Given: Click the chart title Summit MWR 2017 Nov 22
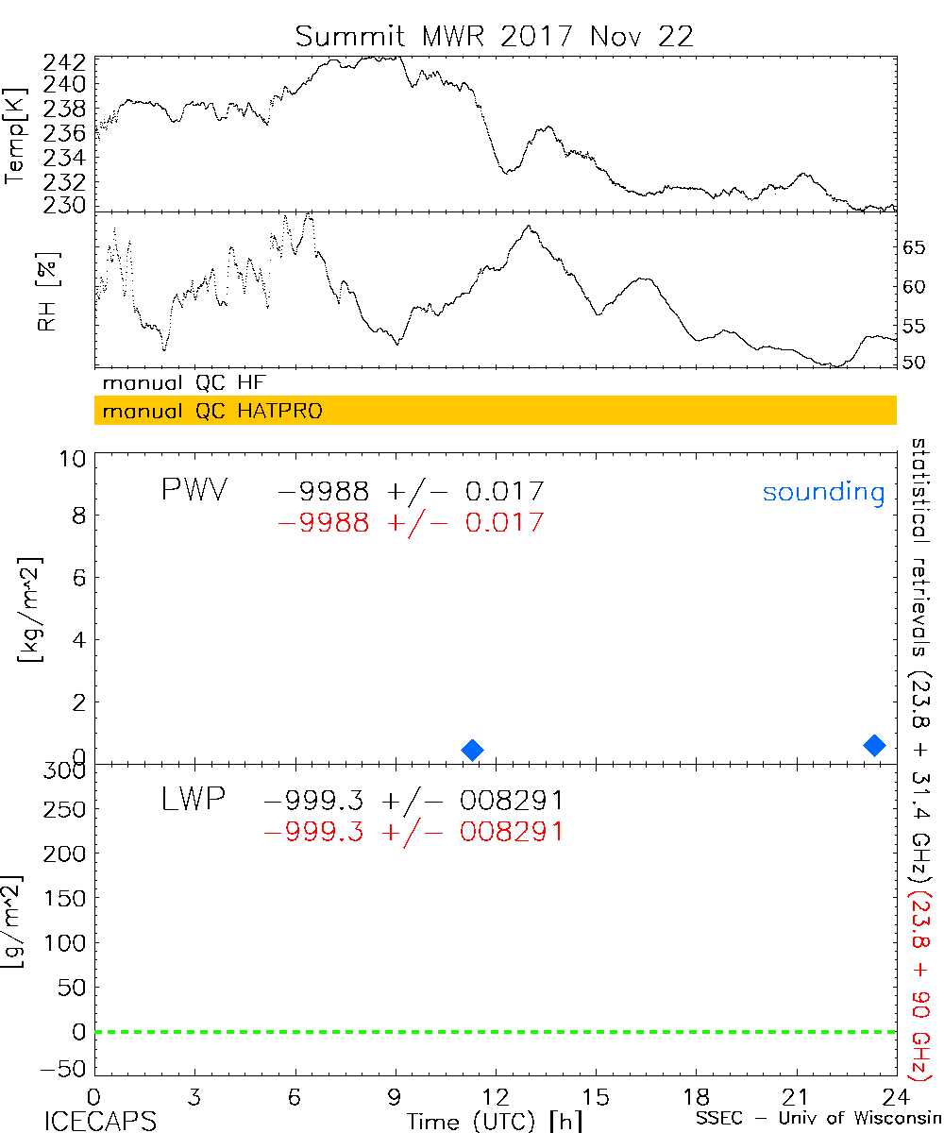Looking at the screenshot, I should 494,36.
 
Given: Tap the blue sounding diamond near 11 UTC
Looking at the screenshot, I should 473,750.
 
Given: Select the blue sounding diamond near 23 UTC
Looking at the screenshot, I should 875,745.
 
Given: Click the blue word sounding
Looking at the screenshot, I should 823,492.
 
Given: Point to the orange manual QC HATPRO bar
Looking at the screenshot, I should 495,411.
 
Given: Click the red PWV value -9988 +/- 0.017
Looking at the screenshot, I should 411,522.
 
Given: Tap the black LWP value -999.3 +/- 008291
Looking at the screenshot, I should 414,801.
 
